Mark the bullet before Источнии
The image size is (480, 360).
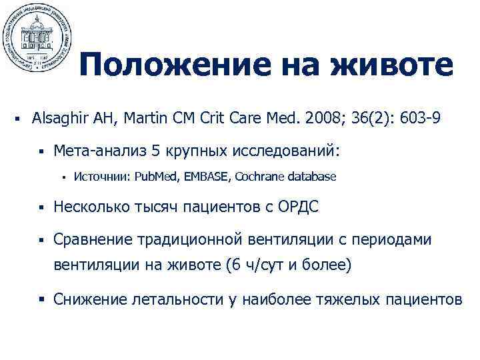coord(61,177)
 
